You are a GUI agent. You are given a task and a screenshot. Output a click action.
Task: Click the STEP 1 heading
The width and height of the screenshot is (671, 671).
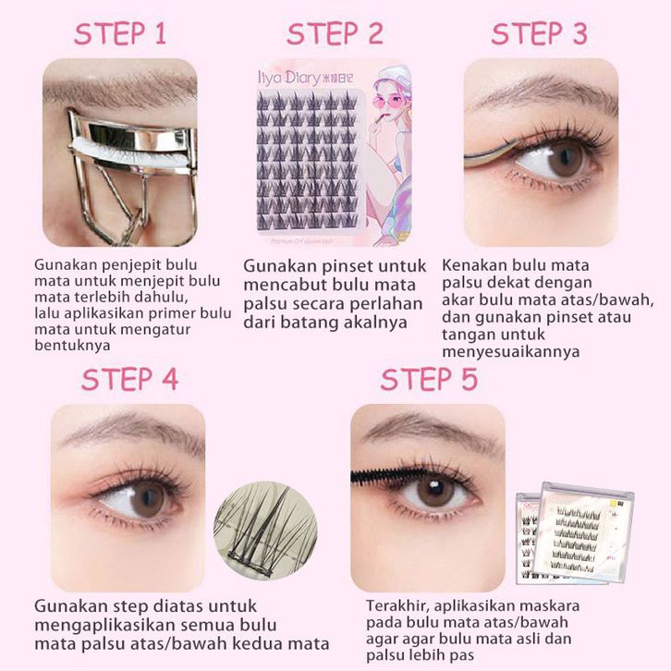pos(120,34)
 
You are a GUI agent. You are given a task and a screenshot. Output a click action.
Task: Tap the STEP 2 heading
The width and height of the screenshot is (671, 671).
pos(335,34)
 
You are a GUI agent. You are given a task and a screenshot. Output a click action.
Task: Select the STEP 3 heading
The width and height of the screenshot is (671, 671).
pos(539,34)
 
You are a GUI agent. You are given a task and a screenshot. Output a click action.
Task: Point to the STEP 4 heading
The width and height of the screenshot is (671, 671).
pos(129,379)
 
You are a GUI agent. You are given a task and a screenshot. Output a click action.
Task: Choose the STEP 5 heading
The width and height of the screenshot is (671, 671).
pos(429,379)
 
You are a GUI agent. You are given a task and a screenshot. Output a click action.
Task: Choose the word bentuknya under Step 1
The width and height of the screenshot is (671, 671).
pos(72,346)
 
